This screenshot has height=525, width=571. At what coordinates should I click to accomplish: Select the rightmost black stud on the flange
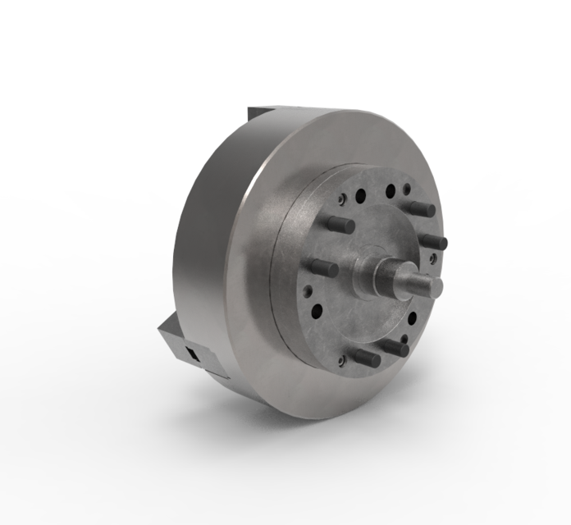(432, 242)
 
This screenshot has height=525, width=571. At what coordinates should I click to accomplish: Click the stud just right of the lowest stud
(395, 348)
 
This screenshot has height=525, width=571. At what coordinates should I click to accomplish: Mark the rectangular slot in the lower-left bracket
(193, 354)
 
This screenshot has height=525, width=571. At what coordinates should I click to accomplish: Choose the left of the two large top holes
(359, 196)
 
